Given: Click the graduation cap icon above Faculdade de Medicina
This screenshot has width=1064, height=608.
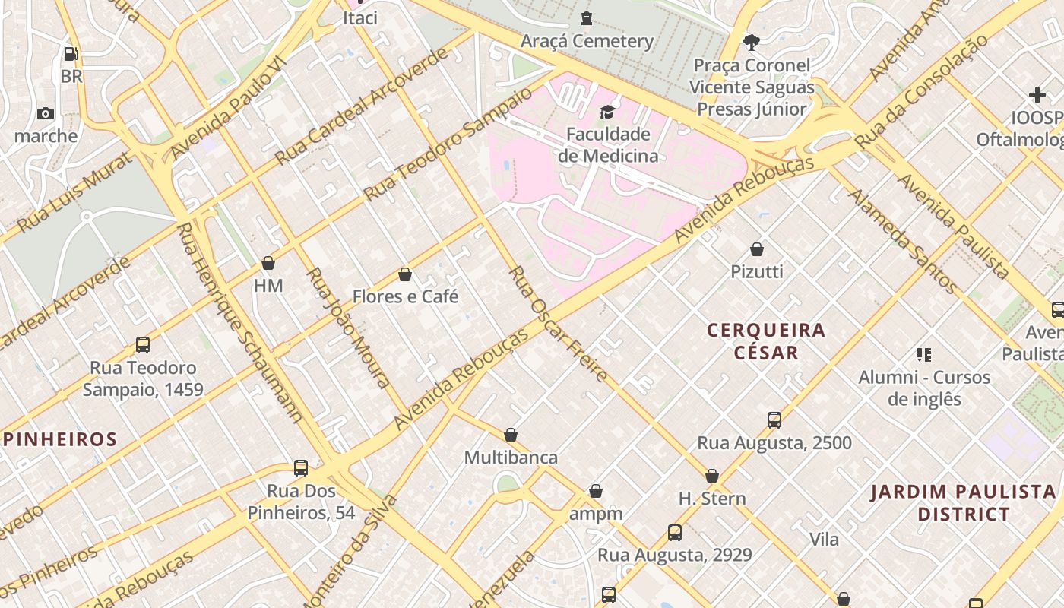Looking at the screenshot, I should coord(606,112).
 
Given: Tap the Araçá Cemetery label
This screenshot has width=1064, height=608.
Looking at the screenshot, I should coord(587,41).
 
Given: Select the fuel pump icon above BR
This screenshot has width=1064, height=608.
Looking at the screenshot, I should coord(71,54).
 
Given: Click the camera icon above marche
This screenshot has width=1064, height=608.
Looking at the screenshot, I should coord(46,114).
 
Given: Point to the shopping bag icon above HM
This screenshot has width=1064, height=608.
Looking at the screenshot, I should coord(268,264).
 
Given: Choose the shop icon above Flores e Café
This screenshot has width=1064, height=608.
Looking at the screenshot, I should coord(405,274).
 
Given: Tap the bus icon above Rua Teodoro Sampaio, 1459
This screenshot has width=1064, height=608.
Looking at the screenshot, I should coord(143,345).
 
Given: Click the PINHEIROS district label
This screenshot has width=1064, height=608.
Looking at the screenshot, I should coord(61,439).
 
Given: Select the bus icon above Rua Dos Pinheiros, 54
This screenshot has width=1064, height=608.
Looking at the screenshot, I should coord(301,468).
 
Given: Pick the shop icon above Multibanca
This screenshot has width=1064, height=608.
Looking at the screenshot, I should coord(511,435).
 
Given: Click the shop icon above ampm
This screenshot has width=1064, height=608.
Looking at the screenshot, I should coord(596,492).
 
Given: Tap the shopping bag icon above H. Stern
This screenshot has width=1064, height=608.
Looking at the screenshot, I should coord(712,477).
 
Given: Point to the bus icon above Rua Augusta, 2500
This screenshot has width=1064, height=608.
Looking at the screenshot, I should coord(774,420).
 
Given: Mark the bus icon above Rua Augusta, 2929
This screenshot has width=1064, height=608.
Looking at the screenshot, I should coord(675,533).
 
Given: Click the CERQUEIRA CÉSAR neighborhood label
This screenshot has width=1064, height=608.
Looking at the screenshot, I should coord(766,341).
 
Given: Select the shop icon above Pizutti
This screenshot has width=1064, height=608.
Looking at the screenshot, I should coord(757,249).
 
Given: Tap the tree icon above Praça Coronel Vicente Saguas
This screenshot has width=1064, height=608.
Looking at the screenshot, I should coord(752,43).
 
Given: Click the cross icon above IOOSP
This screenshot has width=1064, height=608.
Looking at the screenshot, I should coord(1037,96).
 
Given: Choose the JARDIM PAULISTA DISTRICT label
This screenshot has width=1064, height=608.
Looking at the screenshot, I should coord(964,503).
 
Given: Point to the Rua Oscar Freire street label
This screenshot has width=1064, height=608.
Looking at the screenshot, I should coord(558,324).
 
